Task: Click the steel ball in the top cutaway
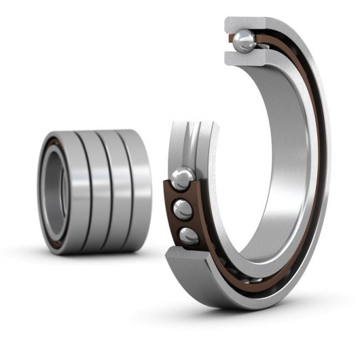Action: (x=244, y=42)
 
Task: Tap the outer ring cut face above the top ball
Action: (x=249, y=24)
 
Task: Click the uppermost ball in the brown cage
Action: (x=182, y=179)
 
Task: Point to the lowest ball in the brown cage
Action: (x=188, y=236)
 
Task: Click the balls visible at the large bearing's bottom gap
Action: (x=251, y=278)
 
